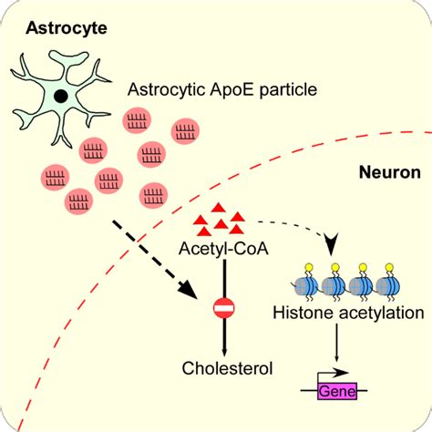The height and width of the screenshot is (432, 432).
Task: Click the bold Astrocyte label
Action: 67,28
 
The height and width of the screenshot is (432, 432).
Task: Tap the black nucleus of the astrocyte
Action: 61,96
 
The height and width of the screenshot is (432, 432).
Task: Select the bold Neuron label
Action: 390,172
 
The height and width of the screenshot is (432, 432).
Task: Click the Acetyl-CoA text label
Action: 223,249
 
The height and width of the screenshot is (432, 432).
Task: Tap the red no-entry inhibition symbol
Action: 224,308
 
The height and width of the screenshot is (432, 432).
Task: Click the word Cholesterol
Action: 227,368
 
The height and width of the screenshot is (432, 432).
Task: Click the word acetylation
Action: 382,314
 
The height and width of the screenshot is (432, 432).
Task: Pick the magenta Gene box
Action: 337,391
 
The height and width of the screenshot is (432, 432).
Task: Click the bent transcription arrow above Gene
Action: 333,373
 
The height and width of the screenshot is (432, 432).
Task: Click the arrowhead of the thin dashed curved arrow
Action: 331,244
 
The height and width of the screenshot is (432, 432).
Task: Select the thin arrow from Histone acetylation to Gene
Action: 336,343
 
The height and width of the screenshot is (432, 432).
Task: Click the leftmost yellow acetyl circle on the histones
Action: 309,268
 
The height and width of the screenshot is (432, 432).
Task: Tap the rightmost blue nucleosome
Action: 387,286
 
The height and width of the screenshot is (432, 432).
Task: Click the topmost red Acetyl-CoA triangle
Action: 218,208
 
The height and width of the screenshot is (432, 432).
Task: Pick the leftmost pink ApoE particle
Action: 55,178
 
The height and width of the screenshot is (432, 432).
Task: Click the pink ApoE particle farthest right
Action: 185,131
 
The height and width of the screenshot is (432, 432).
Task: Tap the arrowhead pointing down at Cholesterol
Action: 224,352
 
